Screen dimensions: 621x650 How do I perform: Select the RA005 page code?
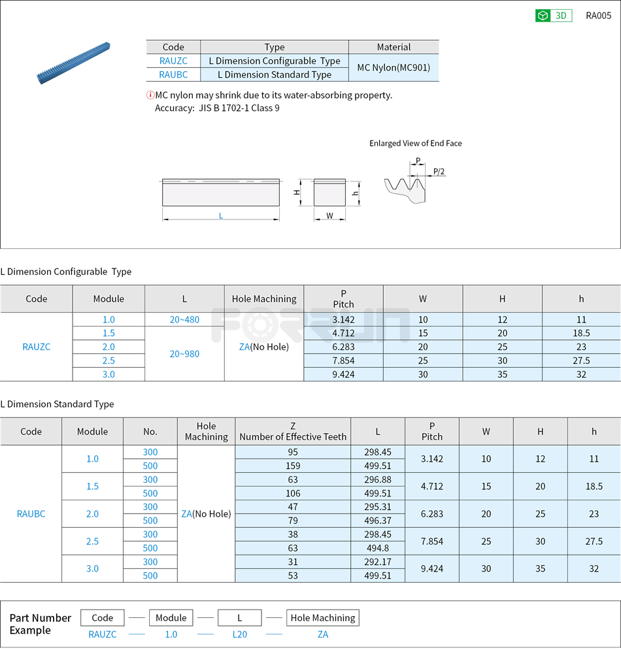[x=598, y=16]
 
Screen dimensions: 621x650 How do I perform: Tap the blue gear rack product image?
[x=73, y=63]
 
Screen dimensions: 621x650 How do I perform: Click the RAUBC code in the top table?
[x=173, y=74]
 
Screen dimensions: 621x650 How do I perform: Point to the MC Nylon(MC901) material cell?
[x=394, y=67]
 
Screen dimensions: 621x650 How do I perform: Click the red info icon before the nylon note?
[x=150, y=95]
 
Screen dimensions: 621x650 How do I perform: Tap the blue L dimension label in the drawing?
[x=221, y=216]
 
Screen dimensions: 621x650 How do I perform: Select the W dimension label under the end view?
[x=329, y=216]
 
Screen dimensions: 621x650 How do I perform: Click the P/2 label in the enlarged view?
[x=439, y=171]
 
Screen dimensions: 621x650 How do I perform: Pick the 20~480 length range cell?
[x=184, y=319]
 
